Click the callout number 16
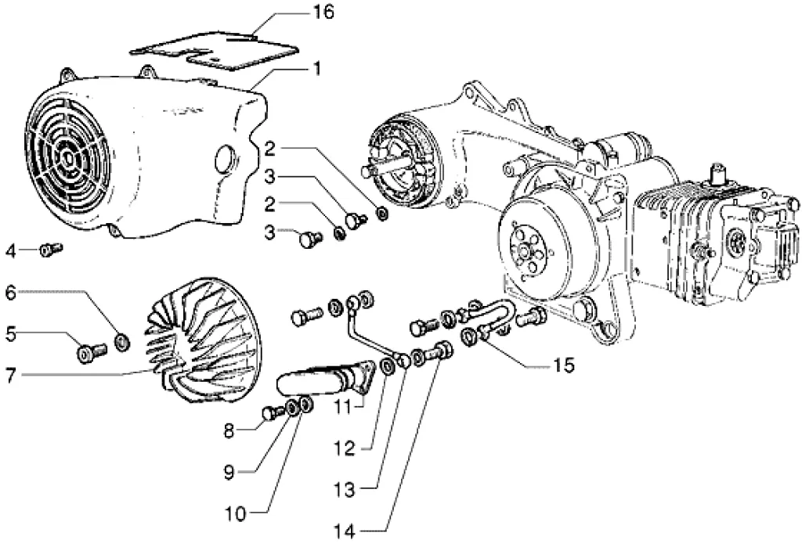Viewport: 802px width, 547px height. pyautogui.click(x=323, y=13)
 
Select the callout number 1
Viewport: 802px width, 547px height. pyautogui.click(x=318, y=69)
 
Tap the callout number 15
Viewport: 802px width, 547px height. pyautogui.click(x=563, y=365)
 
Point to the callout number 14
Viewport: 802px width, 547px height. pyautogui.click(x=345, y=531)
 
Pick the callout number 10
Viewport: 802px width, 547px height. pyautogui.click(x=236, y=514)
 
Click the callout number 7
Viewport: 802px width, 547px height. pyautogui.click(x=11, y=376)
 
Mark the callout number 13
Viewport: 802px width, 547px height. pyautogui.click(x=345, y=490)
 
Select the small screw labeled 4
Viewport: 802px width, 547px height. pyautogui.click(x=51, y=250)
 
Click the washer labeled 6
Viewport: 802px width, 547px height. pyautogui.click(x=121, y=342)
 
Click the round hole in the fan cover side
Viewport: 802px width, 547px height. pyautogui.click(x=223, y=160)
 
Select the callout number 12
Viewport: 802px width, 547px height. pyautogui.click(x=345, y=449)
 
